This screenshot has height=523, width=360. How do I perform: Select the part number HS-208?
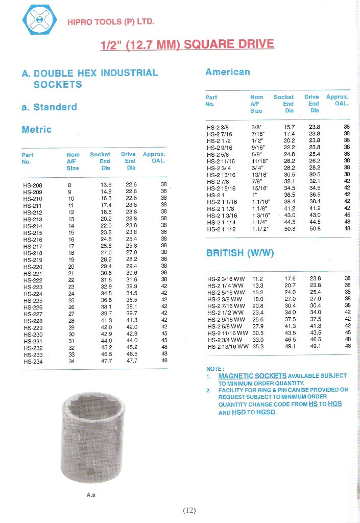point(33,185)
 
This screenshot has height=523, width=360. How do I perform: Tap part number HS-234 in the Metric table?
point(33,361)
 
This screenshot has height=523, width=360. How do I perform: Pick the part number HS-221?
point(33,273)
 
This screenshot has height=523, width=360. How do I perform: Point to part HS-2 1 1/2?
point(219,229)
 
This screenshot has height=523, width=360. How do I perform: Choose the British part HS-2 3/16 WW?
point(226,279)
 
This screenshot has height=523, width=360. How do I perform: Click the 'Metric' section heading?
point(36,130)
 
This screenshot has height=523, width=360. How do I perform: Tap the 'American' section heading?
point(228,72)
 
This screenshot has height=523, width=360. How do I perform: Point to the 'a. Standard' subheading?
point(49,107)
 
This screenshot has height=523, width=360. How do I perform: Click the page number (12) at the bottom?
point(189,510)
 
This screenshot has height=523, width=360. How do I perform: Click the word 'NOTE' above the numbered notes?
point(214,369)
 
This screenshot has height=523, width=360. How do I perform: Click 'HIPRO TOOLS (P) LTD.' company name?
point(111,22)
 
